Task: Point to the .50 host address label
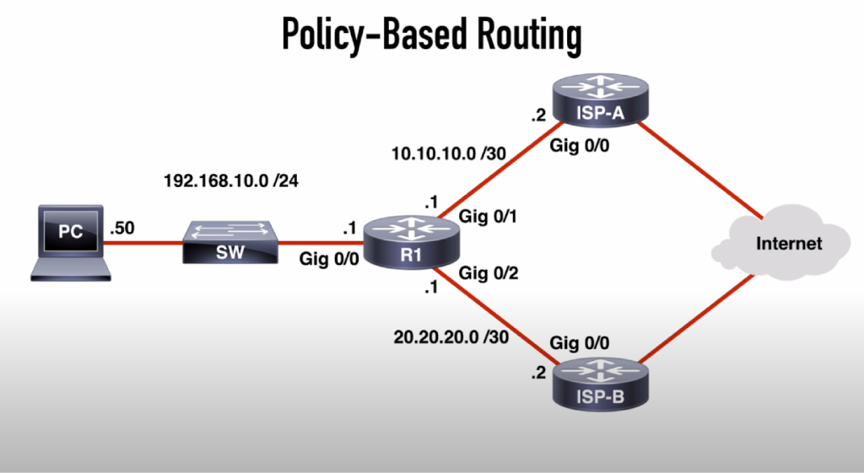tap(121, 227)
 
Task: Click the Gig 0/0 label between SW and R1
tap(330, 259)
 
